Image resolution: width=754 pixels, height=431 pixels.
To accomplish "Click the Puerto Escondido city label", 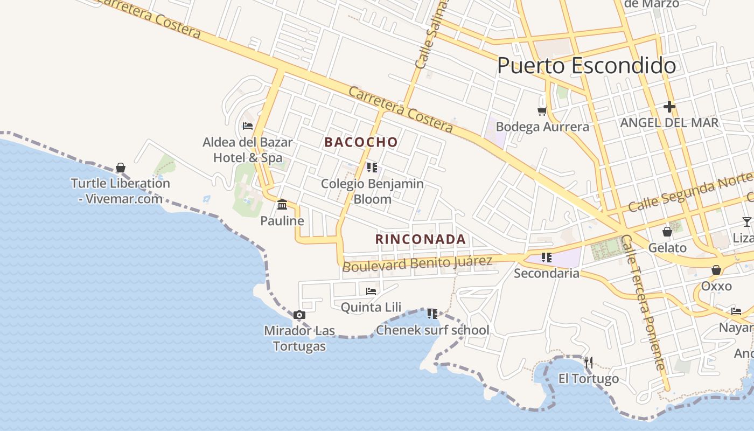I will tap(586, 66).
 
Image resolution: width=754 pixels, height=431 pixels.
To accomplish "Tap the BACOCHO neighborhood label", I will tap(361, 142).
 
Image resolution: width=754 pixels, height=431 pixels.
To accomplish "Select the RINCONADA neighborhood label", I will tap(420, 239).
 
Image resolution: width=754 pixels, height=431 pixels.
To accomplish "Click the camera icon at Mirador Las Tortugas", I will tap(299, 315).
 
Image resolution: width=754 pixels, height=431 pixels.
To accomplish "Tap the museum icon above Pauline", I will tap(282, 205).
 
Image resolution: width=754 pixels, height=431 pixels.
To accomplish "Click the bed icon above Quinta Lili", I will tap(371, 291).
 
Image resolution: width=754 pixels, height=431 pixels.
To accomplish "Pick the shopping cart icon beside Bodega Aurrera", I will tap(542, 112).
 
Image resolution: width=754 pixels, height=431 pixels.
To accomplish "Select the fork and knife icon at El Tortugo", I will tap(588, 363).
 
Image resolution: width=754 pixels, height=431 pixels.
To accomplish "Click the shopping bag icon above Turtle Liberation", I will tap(121, 168).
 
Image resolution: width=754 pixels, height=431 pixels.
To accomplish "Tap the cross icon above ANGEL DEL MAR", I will tap(669, 107).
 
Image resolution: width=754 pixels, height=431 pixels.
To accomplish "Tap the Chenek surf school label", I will tap(432, 330).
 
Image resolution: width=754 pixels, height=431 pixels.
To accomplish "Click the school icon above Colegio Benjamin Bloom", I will tap(372, 168).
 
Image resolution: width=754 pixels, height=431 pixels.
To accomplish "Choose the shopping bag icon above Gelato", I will tap(667, 232).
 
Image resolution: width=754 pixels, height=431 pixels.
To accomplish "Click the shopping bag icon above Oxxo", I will tap(716, 270).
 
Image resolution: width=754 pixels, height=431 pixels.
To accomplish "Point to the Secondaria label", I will tap(546, 273).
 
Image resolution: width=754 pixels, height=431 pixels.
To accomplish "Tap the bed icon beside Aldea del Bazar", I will tap(248, 126).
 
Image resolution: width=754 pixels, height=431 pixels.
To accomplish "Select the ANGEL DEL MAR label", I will tap(669, 123).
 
